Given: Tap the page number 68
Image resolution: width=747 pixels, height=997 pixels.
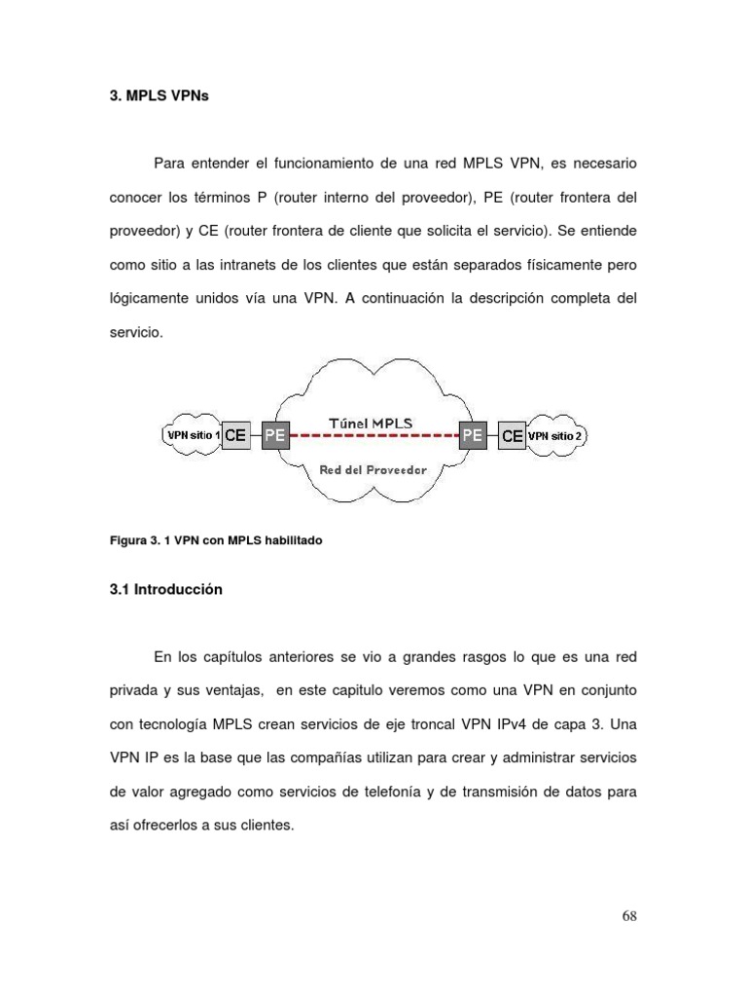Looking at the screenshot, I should pos(628,916).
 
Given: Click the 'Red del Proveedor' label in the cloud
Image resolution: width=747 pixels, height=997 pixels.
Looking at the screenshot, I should pos(373,470).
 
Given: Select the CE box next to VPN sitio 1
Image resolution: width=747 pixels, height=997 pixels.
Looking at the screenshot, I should pos(235,435).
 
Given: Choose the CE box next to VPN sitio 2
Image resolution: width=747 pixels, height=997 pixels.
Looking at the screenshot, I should pos(513,436).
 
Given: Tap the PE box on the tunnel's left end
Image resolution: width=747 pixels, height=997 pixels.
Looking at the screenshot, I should pos(275,435).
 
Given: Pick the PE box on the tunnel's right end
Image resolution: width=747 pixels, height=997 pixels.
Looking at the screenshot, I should pos(473,435).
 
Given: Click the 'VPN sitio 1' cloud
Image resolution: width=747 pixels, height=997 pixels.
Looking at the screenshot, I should pos(192,435).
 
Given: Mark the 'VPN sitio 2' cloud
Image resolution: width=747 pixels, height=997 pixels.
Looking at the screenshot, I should pos(555,436).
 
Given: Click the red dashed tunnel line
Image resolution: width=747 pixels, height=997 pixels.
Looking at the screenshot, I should pos(373,436).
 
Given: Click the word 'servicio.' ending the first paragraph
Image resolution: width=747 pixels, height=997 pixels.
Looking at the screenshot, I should pos(134,332).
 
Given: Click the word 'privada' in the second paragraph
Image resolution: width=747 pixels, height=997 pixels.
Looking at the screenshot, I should pos(132,690).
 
